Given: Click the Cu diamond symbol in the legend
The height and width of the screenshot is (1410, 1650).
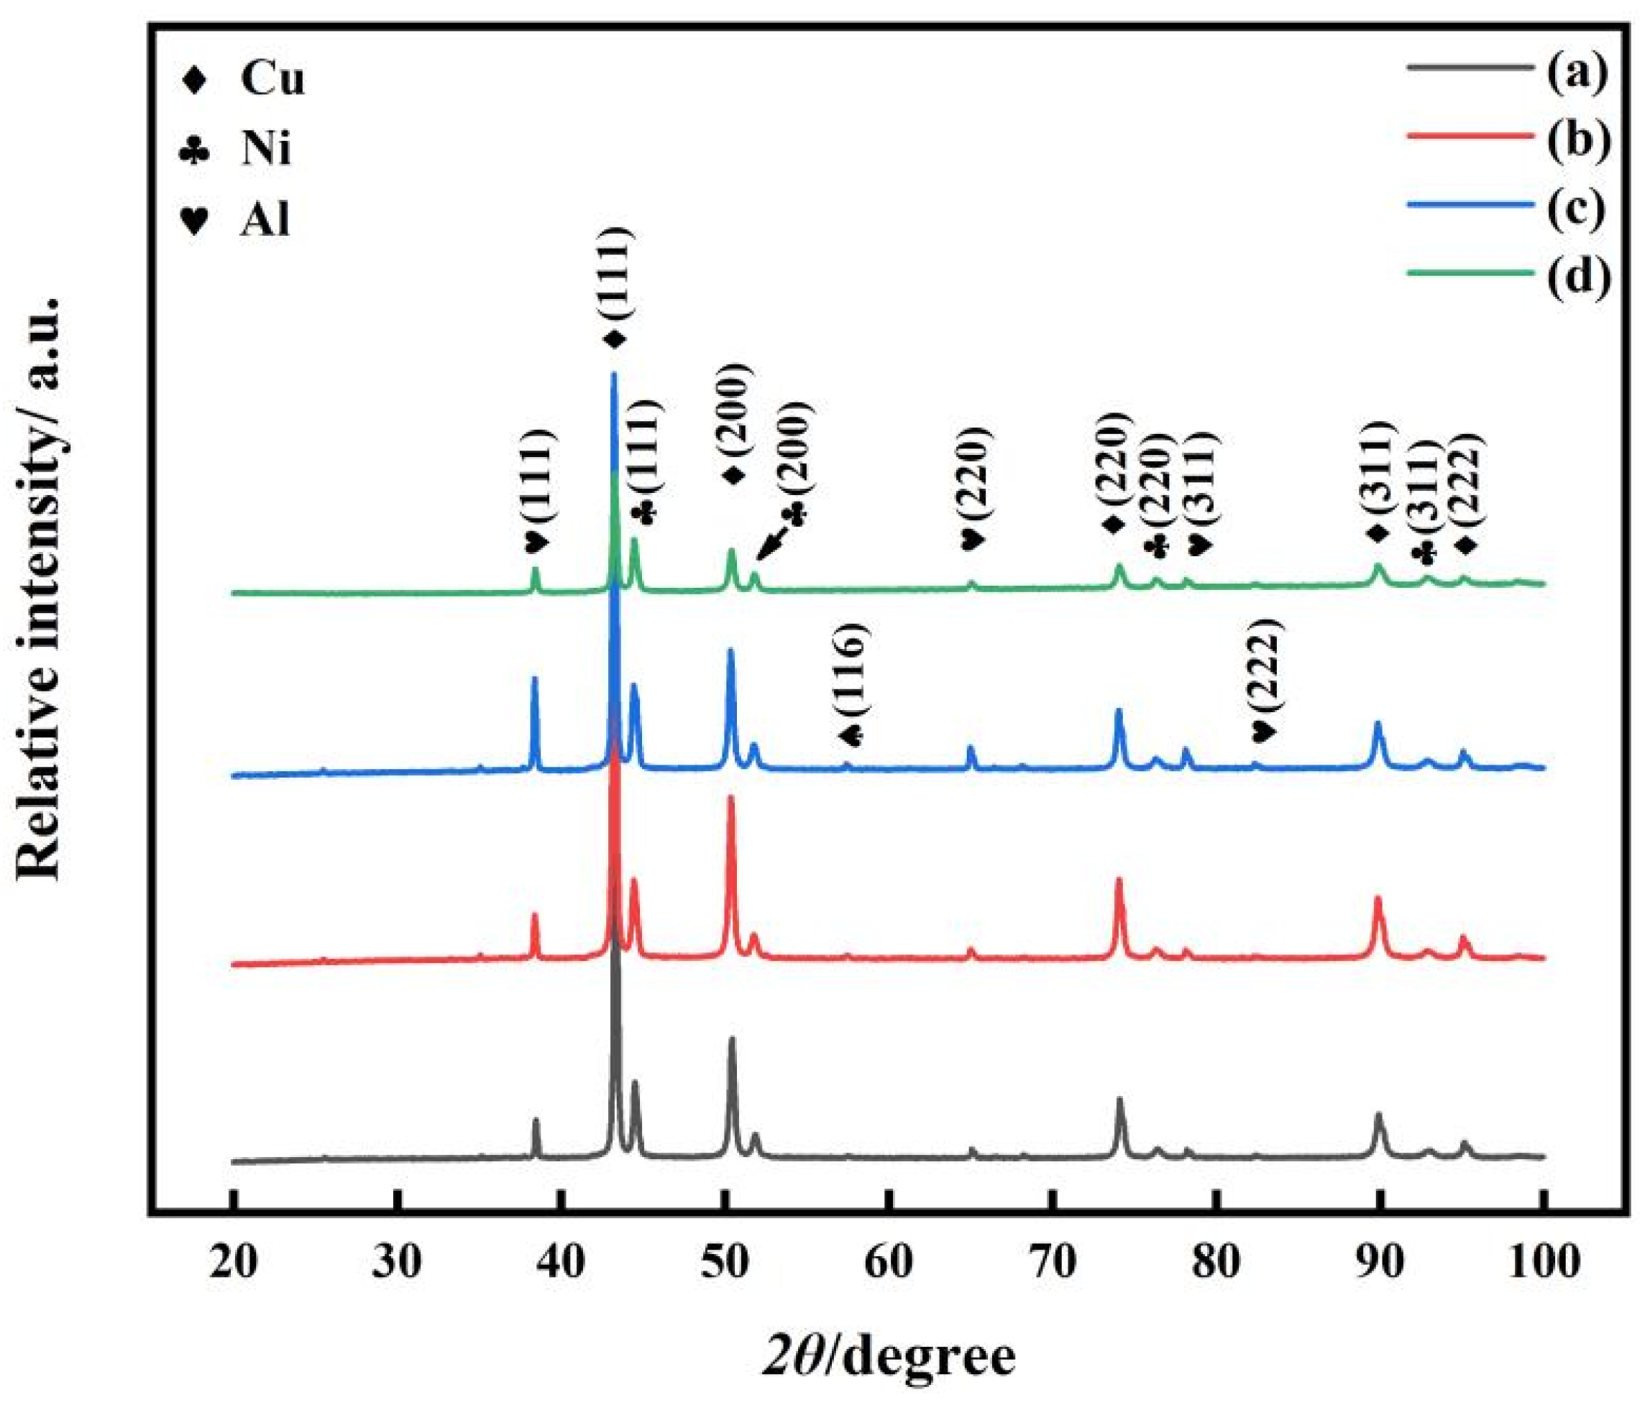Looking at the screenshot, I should coord(195,80).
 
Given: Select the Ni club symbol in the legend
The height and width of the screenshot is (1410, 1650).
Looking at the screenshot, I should coord(195,149).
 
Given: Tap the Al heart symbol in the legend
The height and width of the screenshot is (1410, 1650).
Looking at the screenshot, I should coord(195,220).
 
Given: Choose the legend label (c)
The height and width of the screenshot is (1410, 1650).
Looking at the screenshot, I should coord(1578,207).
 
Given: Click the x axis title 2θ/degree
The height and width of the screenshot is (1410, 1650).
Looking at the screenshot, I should coord(889,1358).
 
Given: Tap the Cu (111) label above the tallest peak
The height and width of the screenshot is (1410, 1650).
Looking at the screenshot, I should coord(615,287).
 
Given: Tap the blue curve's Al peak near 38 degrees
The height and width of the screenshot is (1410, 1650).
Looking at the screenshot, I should coord(534,679).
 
